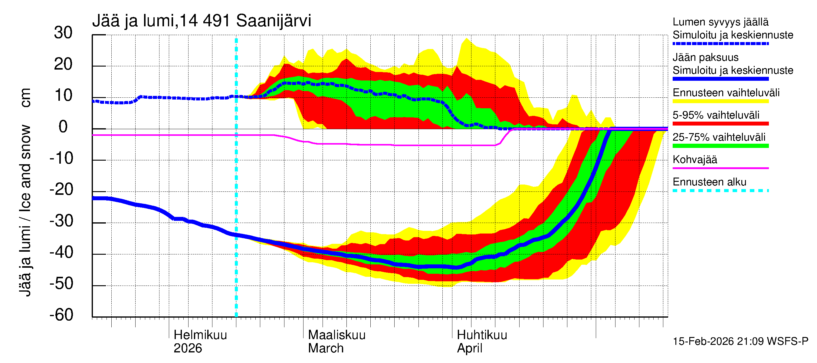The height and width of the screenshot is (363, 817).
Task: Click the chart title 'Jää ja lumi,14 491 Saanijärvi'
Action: tap(202, 21)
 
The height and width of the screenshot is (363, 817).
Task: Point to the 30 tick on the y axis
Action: tap(63, 33)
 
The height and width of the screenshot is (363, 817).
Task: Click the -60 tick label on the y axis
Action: tap(61, 315)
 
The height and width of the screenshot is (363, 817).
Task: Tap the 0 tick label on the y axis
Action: tap(63, 127)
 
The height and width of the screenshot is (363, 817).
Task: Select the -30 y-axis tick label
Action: tap(61, 221)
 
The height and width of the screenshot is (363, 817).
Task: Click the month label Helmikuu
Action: tap(200, 335)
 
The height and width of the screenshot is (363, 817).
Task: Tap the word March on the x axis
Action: tap(326, 348)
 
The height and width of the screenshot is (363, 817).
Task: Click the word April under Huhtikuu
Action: tap(469, 348)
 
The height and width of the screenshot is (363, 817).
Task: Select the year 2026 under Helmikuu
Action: tap(187, 348)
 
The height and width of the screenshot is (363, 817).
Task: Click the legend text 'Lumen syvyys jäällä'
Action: tap(720, 22)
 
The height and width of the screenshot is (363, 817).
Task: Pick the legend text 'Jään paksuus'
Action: tap(705, 57)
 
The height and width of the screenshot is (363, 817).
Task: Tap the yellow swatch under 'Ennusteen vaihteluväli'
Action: tap(720, 101)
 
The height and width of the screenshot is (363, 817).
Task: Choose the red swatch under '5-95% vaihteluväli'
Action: tap(720, 124)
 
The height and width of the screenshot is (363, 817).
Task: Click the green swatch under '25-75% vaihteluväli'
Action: tap(720, 146)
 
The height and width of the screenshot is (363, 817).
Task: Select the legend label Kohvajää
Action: tap(694, 159)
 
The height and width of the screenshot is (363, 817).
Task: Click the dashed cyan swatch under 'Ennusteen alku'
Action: tap(720, 191)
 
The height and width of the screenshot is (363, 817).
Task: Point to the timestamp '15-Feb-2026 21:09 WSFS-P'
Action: tap(740, 342)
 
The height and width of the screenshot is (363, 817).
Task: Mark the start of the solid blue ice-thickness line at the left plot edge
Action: tap(93, 198)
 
